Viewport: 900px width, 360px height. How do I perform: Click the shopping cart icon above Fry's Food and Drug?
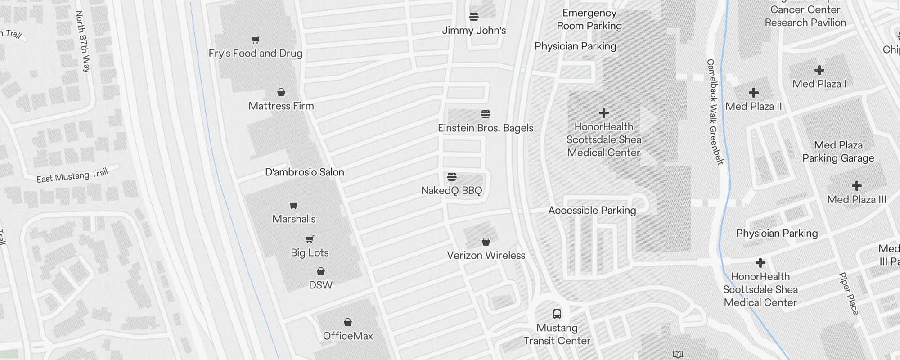click(255, 40)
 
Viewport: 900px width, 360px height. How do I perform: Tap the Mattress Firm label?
click(281, 106)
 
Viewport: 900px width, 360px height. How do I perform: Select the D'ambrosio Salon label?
click(305, 172)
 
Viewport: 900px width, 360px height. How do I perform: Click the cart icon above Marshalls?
click(294, 205)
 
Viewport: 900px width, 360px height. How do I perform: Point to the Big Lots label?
click(310, 253)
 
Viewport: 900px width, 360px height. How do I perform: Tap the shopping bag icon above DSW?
click(321, 271)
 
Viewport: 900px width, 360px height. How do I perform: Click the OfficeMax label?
click(348, 336)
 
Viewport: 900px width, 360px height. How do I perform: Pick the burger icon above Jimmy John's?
click(473, 17)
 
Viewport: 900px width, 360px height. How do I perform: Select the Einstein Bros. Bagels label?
click(486, 128)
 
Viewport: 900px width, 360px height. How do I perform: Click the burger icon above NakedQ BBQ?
click(452, 176)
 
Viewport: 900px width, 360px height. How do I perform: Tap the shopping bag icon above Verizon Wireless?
click(486, 242)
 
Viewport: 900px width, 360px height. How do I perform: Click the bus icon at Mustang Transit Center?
click(557, 314)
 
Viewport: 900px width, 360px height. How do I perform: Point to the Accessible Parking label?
click(592, 211)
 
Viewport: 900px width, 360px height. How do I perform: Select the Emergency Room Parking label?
click(589, 20)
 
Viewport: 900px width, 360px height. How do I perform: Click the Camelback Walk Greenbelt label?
click(715, 112)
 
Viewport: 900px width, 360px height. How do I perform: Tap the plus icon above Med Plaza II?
click(754, 93)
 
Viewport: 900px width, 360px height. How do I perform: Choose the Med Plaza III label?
click(857, 200)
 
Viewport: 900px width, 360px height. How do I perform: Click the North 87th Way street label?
click(83, 41)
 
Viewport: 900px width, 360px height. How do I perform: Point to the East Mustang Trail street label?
click(72, 176)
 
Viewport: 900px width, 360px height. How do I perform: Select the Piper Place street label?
click(849, 293)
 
